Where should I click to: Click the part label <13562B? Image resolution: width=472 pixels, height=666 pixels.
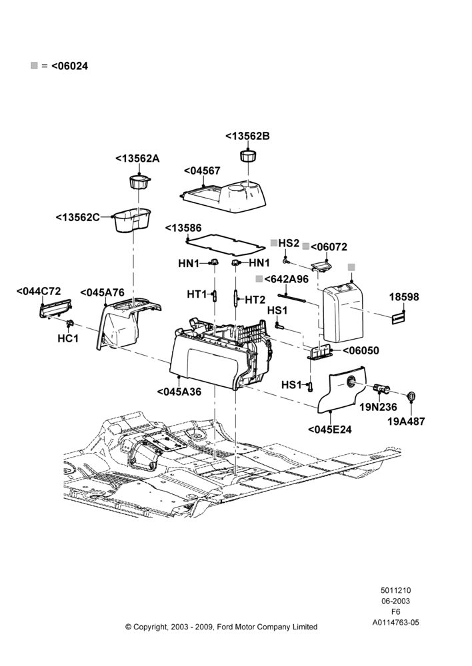point(247,136)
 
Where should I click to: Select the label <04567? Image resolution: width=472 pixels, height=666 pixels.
point(202,170)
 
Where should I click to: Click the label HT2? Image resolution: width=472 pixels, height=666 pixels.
point(255,300)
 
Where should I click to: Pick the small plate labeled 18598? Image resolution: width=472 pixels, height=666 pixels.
point(399,318)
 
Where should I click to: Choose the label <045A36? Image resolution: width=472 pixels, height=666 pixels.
point(179,392)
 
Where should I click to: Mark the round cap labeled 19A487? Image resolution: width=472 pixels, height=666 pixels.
point(411,396)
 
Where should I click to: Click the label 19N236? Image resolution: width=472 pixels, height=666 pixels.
point(378,407)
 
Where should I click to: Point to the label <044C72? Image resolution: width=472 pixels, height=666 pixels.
point(39,292)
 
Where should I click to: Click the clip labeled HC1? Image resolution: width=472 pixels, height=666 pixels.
point(69,325)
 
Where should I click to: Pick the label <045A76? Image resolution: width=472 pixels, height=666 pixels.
point(103,292)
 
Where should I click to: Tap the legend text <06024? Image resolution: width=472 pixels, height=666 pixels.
point(70,66)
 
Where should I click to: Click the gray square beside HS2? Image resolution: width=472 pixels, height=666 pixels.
point(274,242)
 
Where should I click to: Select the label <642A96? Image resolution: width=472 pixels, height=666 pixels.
point(286,279)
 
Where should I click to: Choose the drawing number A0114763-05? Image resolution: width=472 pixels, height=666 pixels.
point(395,623)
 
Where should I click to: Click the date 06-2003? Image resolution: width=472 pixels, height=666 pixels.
point(395,601)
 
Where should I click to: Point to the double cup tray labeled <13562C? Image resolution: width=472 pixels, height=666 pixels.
point(133,220)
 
